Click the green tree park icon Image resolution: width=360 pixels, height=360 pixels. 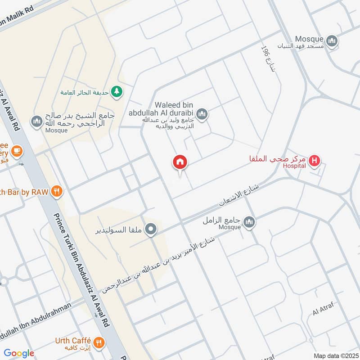[117, 91]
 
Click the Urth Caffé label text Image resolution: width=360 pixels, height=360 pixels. [73, 341]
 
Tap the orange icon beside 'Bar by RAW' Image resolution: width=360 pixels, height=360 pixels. [57, 191]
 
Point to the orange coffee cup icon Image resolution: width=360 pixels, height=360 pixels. [17, 151]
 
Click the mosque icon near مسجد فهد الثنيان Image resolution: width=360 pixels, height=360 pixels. [333, 41]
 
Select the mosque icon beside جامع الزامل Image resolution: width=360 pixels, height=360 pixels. [249, 222]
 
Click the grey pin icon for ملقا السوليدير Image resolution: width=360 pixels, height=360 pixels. [152, 229]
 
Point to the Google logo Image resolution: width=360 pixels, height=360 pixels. [19, 353]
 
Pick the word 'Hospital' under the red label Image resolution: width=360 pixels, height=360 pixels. [294, 166]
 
